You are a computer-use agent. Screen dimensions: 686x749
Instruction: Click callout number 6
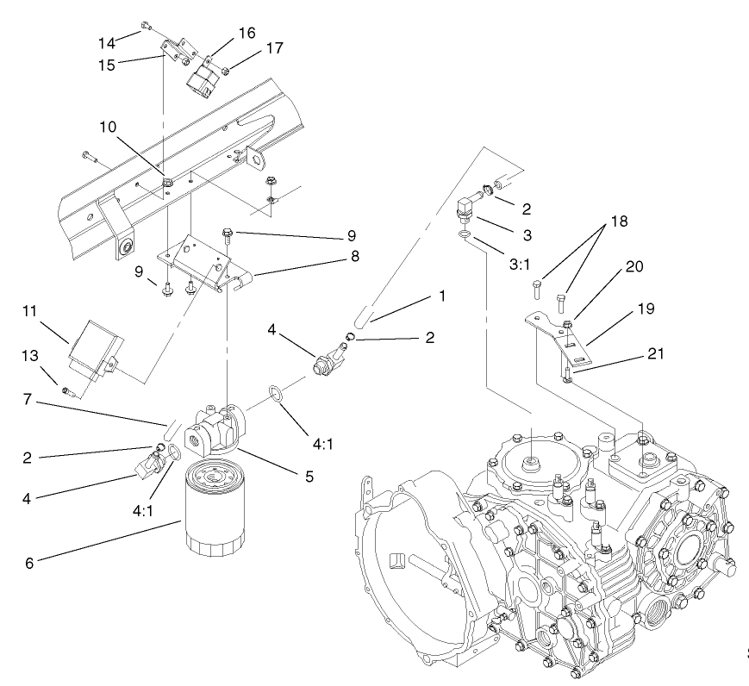[29, 563]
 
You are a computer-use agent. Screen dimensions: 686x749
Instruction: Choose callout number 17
[251, 51]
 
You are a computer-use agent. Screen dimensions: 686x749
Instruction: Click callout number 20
[634, 267]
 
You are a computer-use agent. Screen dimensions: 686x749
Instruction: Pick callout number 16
[247, 32]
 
